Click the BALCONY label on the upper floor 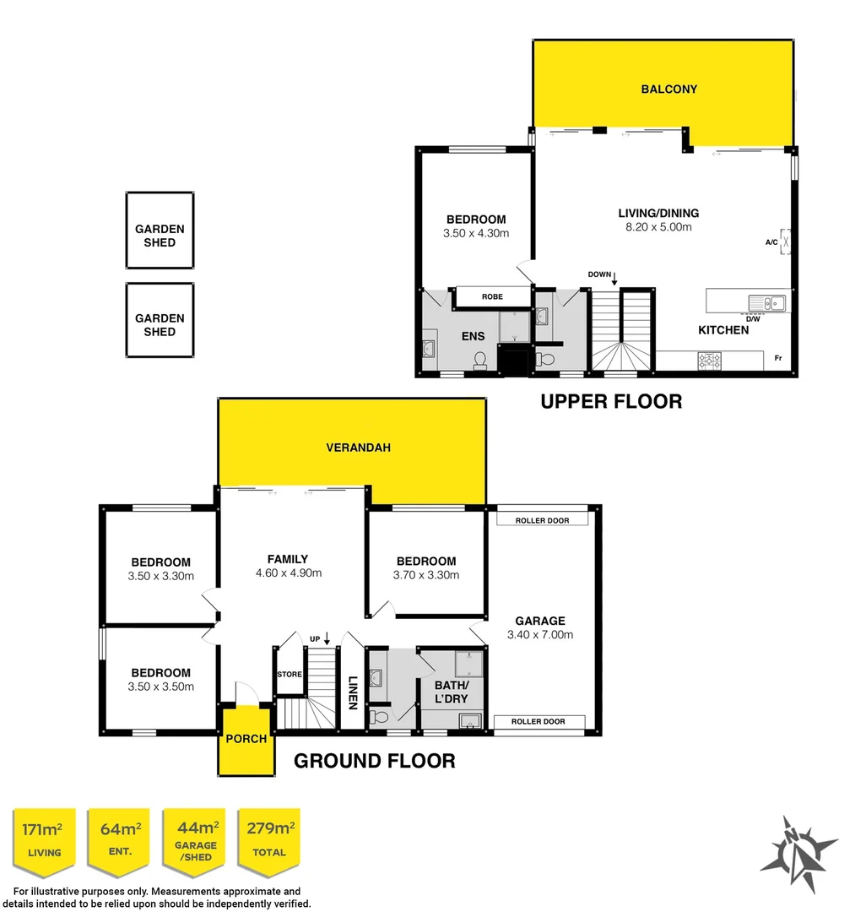pyautogui.click(x=668, y=89)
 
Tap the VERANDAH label pyautogui.click(x=358, y=448)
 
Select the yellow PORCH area pyautogui.click(x=246, y=740)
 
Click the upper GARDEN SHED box pyautogui.click(x=160, y=236)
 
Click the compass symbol pyautogui.click(x=797, y=854)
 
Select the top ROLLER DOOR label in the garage pyautogui.click(x=542, y=520)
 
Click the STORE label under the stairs pyautogui.click(x=290, y=675)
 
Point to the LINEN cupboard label pyautogui.click(x=353, y=692)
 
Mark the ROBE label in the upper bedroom pyautogui.click(x=492, y=297)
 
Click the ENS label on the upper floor pyautogui.click(x=472, y=336)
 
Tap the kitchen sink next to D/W pyautogui.click(x=766, y=301)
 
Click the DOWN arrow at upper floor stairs pyautogui.click(x=614, y=278)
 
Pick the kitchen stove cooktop pyautogui.click(x=708, y=361)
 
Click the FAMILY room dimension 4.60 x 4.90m pyautogui.click(x=287, y=573)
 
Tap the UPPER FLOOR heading pyautogui.click(x=610, y=401)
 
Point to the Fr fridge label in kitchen pyautogui.click(x=777, y=359)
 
